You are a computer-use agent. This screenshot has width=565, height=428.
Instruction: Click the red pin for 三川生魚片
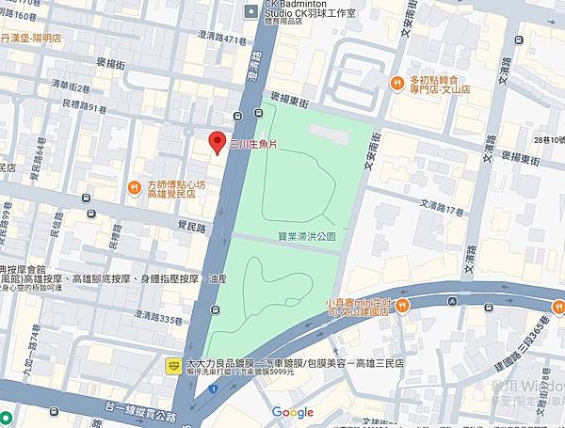coord(216,143)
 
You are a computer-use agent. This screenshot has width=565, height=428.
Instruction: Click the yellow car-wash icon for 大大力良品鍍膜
coord(173,364)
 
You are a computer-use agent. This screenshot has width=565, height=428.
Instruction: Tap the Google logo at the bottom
coord(292,411)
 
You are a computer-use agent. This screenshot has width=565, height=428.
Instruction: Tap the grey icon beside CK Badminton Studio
coord(250,11)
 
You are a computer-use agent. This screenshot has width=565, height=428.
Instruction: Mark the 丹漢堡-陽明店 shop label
coord(32,40)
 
